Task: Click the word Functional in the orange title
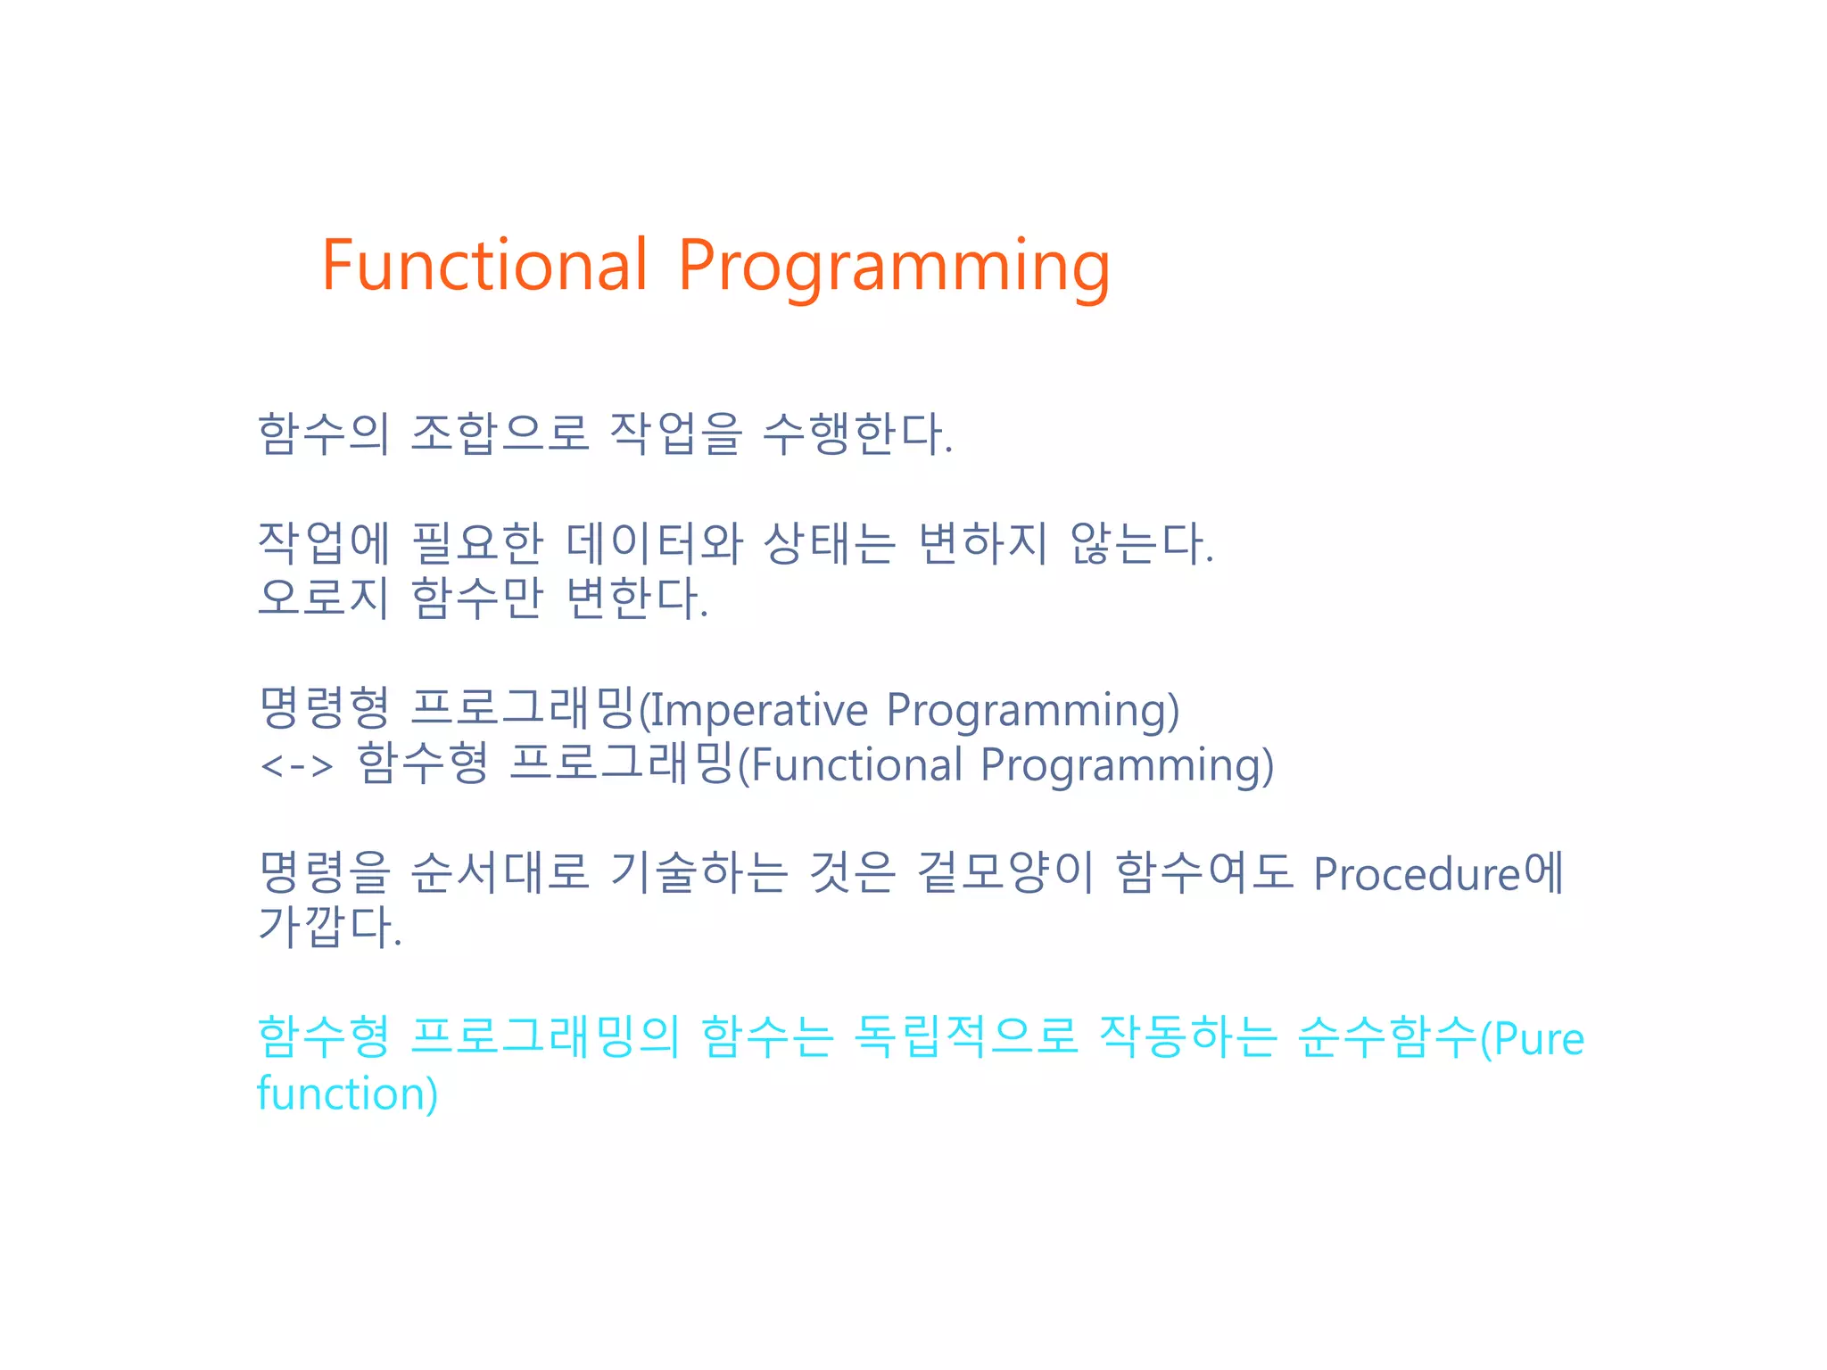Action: pyautogui.click(x=484, y=266)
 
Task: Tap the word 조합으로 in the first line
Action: pyautogui.click(x=500, y=434)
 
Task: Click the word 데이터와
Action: pyautogui.click(x=654, y=543)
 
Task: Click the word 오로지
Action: pyautogui.click(x=323, y=598)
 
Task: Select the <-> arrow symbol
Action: pyautogui.click(x=296, y=765)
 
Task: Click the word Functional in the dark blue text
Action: pyautogui.click(x=856, y=765)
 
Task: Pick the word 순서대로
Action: pyautogui.click(x=500, y=872)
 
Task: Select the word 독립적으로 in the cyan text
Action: pyautogui.click(x=965, y=1037)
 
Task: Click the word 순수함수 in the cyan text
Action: pyautogui.click(x=1387, y=1037)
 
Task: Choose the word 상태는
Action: pyautogui.click(x=830, y=543)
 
